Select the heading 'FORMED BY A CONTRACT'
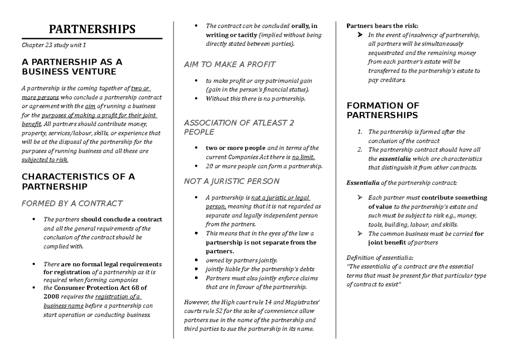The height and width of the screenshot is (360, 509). (x=72, y=203)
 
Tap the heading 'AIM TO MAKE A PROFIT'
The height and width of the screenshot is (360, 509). (x=229, y=65)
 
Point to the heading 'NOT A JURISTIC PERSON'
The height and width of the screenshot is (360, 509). (x=232, y=181)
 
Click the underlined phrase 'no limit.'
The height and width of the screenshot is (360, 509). (x=304, y=157)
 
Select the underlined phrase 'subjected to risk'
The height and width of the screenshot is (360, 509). (x=45, y=160)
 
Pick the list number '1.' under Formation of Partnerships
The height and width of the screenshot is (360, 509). (x=360, y=132)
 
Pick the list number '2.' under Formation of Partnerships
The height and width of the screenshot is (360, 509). (x=360, y=149)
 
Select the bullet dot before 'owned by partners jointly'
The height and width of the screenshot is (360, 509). (x=196, y=260)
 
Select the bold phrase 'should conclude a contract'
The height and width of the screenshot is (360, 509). (x=121, y=219)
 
